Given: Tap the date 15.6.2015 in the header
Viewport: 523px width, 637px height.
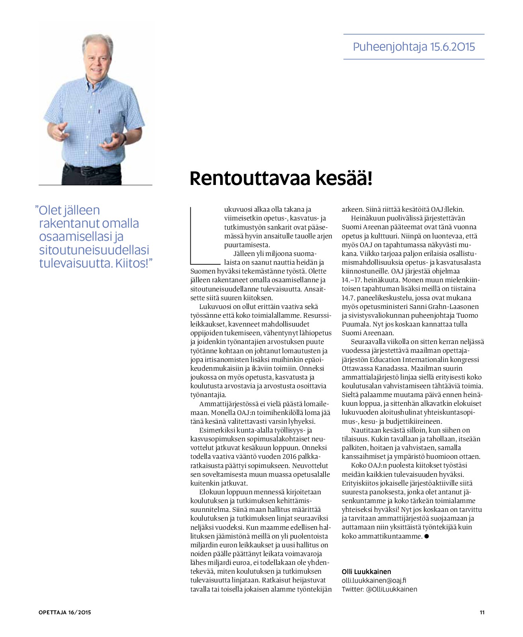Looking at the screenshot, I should click(452, 47).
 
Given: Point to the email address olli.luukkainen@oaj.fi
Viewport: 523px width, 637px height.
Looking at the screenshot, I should click(374, 580).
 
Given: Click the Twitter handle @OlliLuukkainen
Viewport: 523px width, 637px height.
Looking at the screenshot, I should click(391, 589).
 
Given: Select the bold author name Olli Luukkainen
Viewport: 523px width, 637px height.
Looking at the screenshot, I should click(366, 572).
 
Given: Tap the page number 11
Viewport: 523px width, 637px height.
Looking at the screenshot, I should click(482, 612).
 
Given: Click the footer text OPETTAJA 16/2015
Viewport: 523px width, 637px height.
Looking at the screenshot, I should click(65, 612).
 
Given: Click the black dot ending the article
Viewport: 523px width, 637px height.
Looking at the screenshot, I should click(427, 536).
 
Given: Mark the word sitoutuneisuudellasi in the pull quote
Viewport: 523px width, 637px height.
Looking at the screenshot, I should click(94, 250).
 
